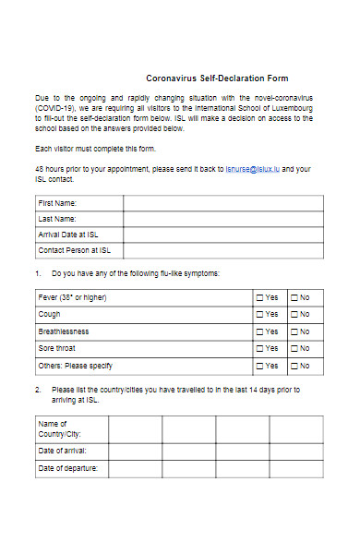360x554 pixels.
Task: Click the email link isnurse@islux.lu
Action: click(x=252, y=170)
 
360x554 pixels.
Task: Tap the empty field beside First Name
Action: click(x=223, y=202)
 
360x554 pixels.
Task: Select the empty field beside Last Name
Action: click(x=223, y=219)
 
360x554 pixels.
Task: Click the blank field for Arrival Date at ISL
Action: click(x=223, y=235)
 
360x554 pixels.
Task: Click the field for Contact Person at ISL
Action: click(x=223, y=250)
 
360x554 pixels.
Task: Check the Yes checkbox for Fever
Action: click(x=259, y=297)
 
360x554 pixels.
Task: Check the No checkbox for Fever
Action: click(x=294, y=297)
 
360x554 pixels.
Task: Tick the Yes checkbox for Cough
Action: click(x=259, y=315)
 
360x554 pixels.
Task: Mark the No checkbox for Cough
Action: click(x=294, y=315)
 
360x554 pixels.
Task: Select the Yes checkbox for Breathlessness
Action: click(x=259, y=331)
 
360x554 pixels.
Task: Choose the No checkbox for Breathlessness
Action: click(x=294, y=331)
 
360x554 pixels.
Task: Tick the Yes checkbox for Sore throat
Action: click(x=259, y=349)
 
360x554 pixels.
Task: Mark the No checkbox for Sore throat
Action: click(x=294, y=349)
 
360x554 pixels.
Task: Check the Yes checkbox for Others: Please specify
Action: click(x=259, y=366)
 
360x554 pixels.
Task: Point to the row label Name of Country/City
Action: click(x=59, y=428)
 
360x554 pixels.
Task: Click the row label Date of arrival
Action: click(x=63, y=451)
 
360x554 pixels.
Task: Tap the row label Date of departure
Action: click(x=67, y=468)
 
